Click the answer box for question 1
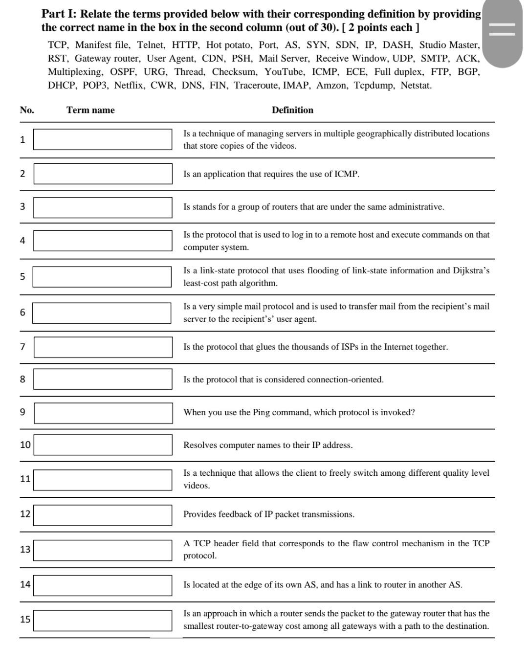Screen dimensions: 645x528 (103, 139)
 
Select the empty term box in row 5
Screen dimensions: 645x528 (102, 277)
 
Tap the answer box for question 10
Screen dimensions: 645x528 (103, 445)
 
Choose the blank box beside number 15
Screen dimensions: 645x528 (103, 620)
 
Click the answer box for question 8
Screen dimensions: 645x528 (103, 379)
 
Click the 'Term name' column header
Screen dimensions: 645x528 (90, 110)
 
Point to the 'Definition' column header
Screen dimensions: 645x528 (292, 110)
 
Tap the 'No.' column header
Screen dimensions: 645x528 (27, 110)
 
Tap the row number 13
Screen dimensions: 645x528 (25, 549)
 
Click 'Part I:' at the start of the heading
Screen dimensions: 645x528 (59, 14)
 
